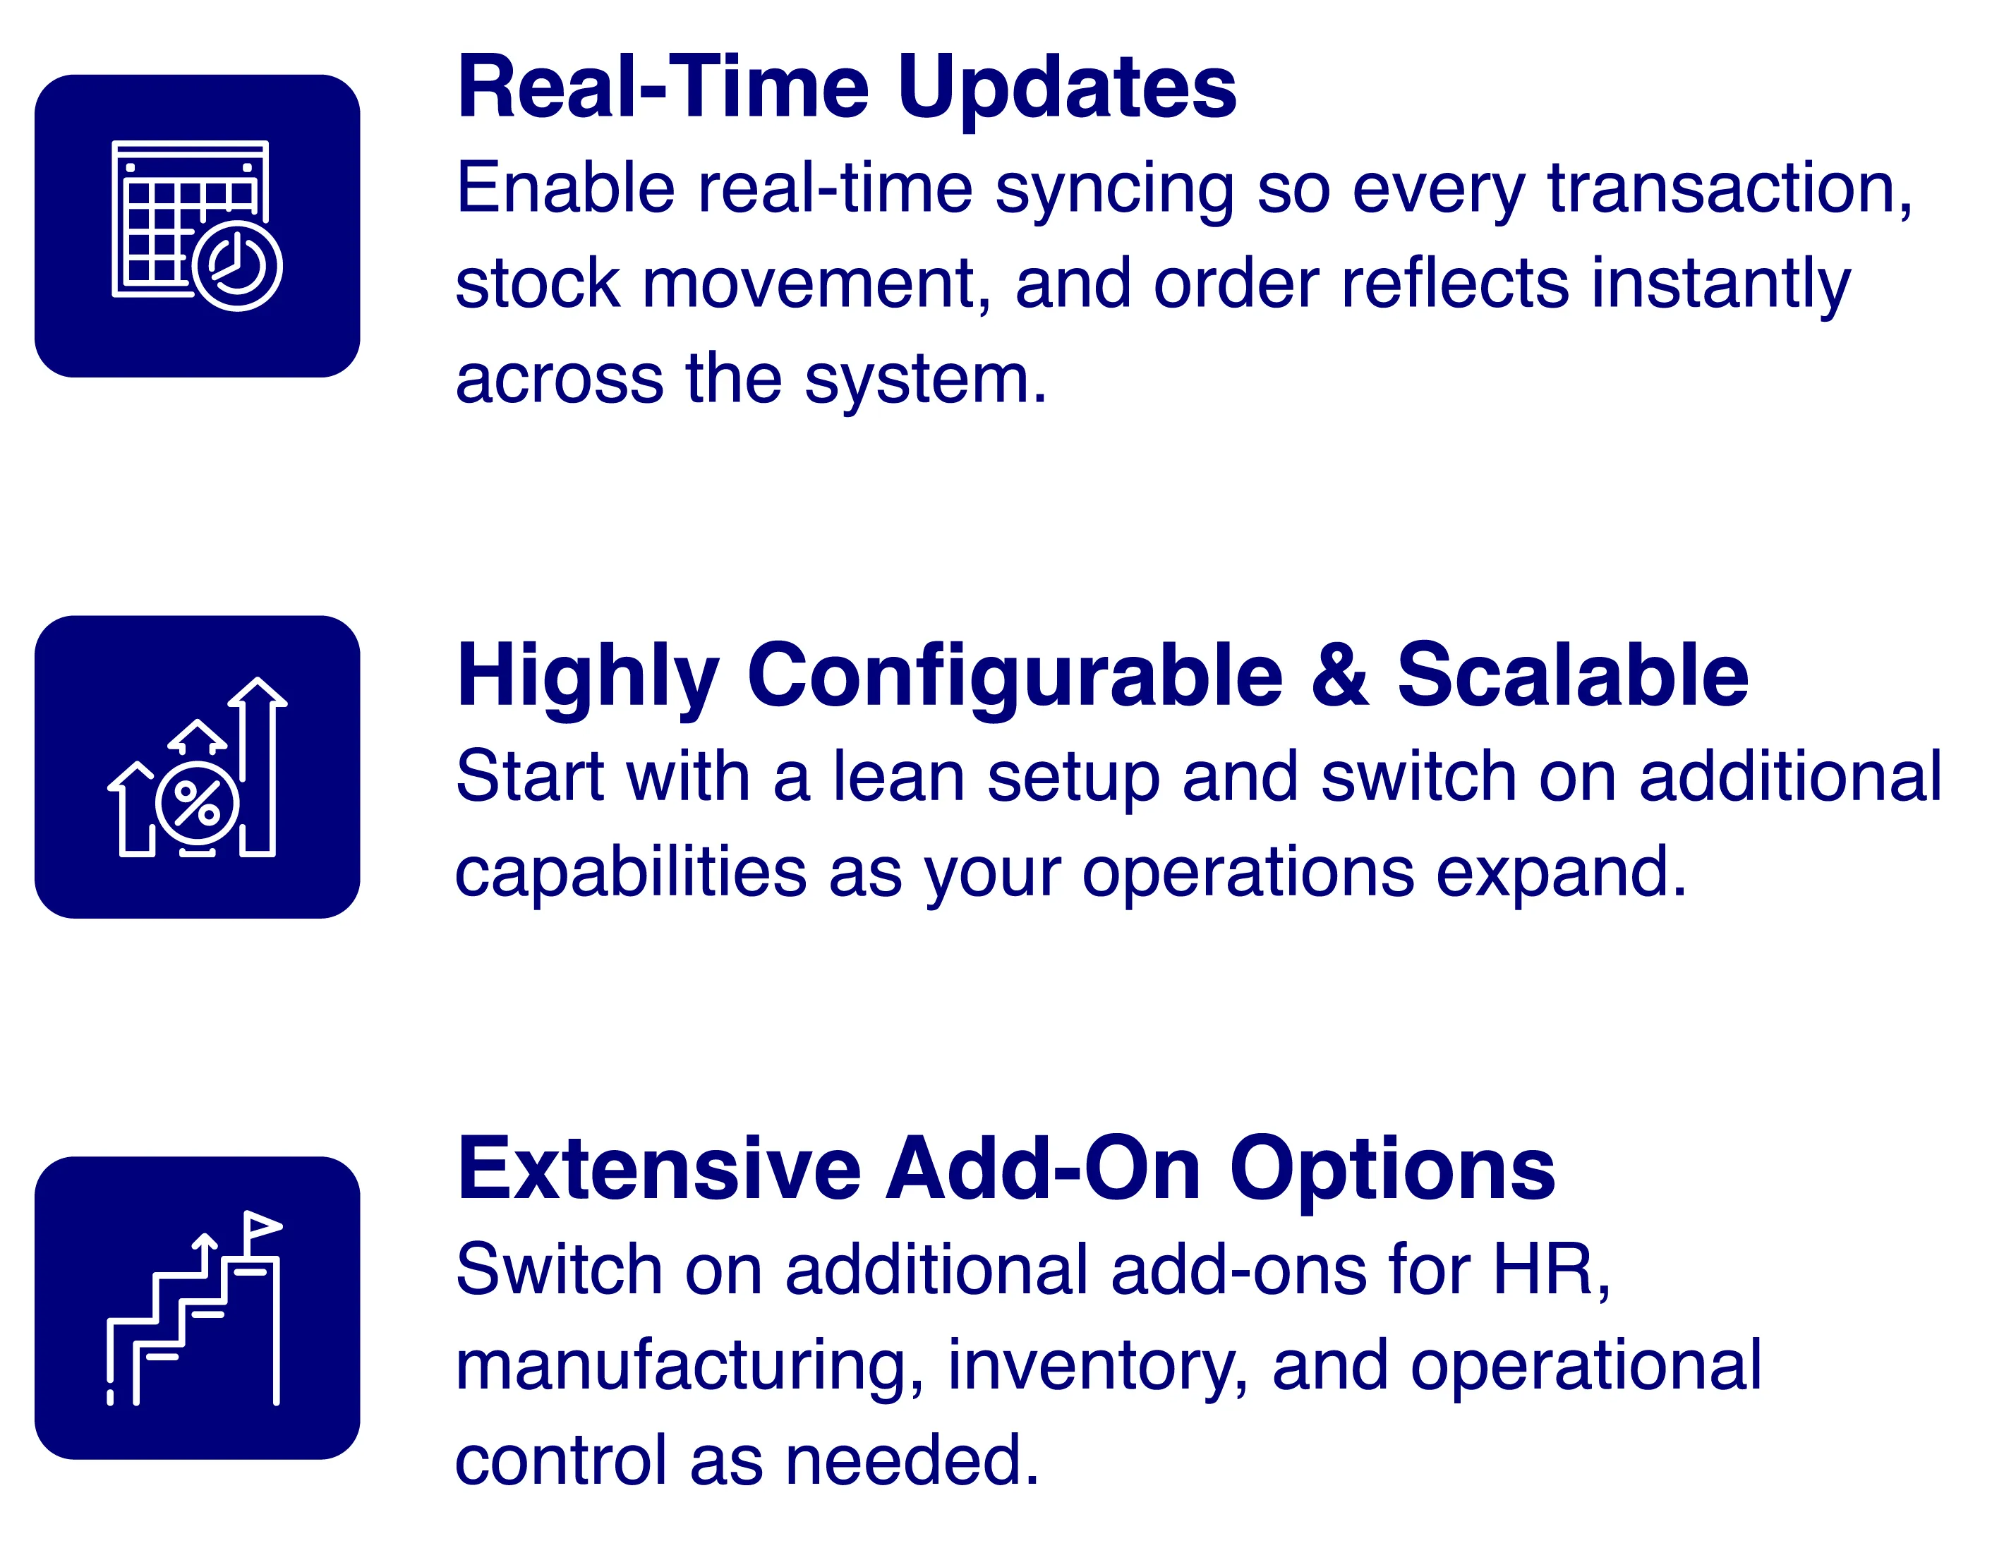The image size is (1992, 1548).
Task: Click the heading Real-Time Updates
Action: [847, 87]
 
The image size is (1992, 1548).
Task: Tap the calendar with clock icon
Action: [197, 225]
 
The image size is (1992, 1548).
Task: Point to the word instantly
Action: [1721, 284]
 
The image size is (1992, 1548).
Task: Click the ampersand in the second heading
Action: [1340, 675]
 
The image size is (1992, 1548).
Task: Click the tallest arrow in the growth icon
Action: [258, 766]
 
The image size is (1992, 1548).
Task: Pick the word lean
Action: [898, 778]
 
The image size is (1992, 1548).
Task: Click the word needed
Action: [912, 1461]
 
